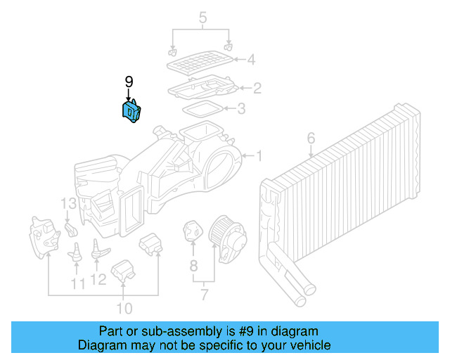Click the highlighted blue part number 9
[132, 112]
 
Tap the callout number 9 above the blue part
[129, 83]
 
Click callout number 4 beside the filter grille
[251, 60]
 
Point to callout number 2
[257, 88]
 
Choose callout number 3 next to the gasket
[241, 109]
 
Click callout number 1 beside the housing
[258, 155]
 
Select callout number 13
[67, 205]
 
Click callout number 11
[78, 283]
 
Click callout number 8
[193, 266]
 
